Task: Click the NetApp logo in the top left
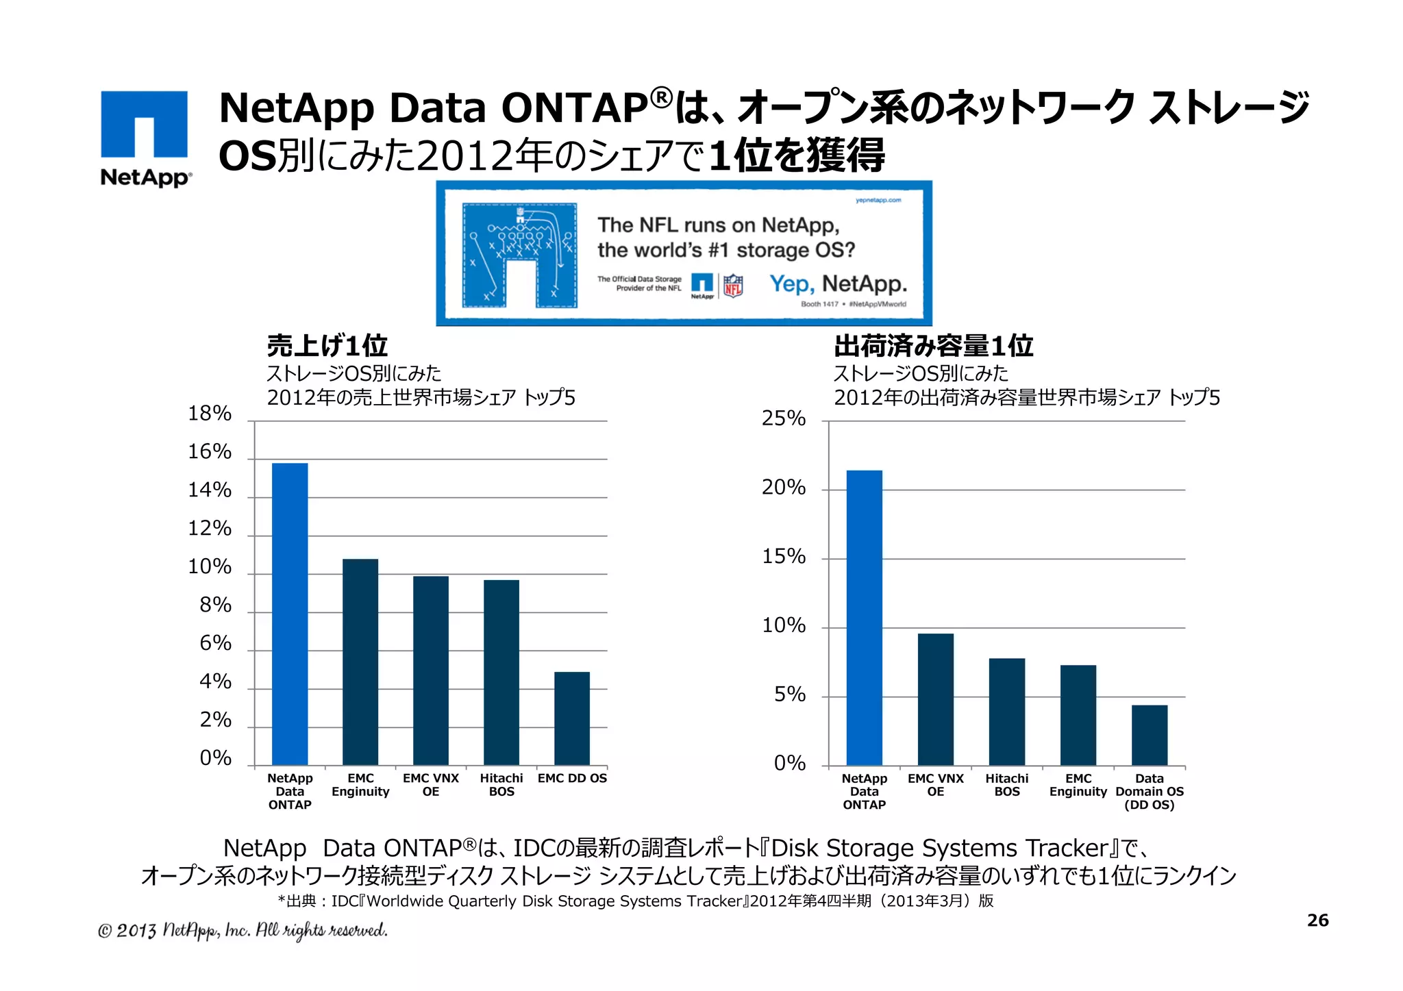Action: pyautogui.click(x=145, y=137)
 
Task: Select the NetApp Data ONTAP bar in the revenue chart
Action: pyautogui.click(x=290, y=614)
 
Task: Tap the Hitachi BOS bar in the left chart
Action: pyautogui.click(x=501, y=672)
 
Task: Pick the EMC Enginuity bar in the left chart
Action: pyautogui.click(x=360, y=662)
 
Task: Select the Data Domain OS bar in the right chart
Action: pyautogui.click(x=1150, y=735)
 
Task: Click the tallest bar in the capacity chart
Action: pyautogui.click(x=865, y=617)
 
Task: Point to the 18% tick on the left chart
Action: pyautogui.click(x=210, y=414)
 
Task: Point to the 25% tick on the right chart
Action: pyautogui.click(x=784, y=418)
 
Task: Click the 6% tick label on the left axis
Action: pyautogui.click(x=215, y=643)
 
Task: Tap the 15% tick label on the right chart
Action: pyautogui.click(x=784, y=556)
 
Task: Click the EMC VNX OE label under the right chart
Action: pyautogui.click(x=936, y=785)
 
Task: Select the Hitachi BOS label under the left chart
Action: pyautogui.click(x=501, y=785)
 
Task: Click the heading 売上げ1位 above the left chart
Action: pyautogui.click(x=327, y=346)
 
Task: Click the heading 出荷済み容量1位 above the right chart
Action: pyautogui.click(x=933, y=346)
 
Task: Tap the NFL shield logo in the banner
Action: pyautogui.click(x=733, y=285)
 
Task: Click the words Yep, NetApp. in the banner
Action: pyautogui.click(x=838, y=284)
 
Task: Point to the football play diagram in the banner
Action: pyautogui.click(x=519, y=255)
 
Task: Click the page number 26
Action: pyautogui.click(x=1317, y=920)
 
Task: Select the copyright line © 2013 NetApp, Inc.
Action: pyautogui.click(x=243, y=930)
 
